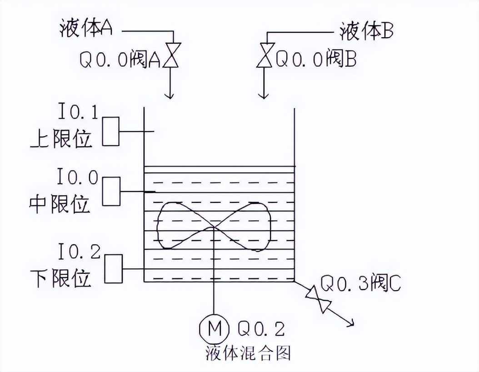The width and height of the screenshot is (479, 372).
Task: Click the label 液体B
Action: click(x=367, y=31)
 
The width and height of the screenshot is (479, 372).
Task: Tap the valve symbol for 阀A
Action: click(x=171, y=55)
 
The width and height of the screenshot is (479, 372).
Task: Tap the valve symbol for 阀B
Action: click(x=265, y=55)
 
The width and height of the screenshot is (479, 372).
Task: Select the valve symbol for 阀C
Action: click(x=319, y=299)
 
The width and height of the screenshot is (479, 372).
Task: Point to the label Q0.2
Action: click(x=261, y=329)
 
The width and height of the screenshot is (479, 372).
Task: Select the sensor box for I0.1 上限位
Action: click(x=110, y=131)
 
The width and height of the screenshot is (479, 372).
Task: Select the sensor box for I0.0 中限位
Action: click(x=111, y=191)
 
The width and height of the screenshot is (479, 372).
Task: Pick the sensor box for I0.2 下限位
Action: click(x=113, y=269)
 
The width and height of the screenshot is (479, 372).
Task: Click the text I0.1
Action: click(x=79, y=112)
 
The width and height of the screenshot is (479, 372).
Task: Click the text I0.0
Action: click(x=78, y=177)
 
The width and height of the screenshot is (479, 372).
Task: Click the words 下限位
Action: click(x=61, y=277)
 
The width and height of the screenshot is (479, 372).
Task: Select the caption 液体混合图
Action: click(x=248, y=353)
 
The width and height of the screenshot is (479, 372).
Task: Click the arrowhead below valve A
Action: click(x=169, y=95)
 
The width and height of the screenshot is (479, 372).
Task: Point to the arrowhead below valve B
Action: click(x=263, y=95)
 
